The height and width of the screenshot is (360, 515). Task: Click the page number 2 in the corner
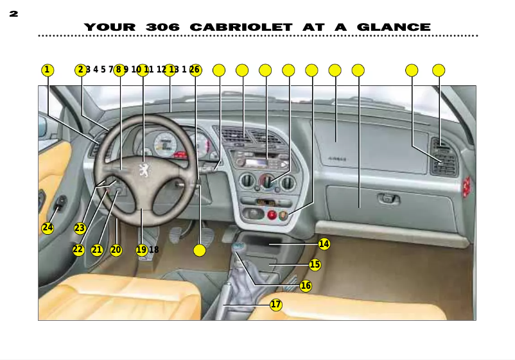[x=13, y=13]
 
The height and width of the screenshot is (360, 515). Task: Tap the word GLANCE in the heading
[x=394, y=28]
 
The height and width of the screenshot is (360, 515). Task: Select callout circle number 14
[x=324, y=244]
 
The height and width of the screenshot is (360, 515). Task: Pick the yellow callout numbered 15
[x=315, y=264]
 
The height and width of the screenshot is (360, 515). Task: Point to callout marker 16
[x=306, y=286]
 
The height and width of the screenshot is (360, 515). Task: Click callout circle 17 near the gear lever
[x=276, y=305]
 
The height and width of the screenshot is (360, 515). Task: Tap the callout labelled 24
[x=48, y=228]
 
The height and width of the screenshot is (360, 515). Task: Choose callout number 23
[x=80, y=228]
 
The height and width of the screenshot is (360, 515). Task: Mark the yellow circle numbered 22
[x=78, y=250]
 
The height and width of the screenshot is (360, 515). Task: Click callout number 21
[x=97, y=250]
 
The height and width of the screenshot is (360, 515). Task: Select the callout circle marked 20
[x=116, y=250]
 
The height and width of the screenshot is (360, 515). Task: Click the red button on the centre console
[x=272, y=215]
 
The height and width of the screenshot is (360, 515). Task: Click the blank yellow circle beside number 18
[x=200, y=250]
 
